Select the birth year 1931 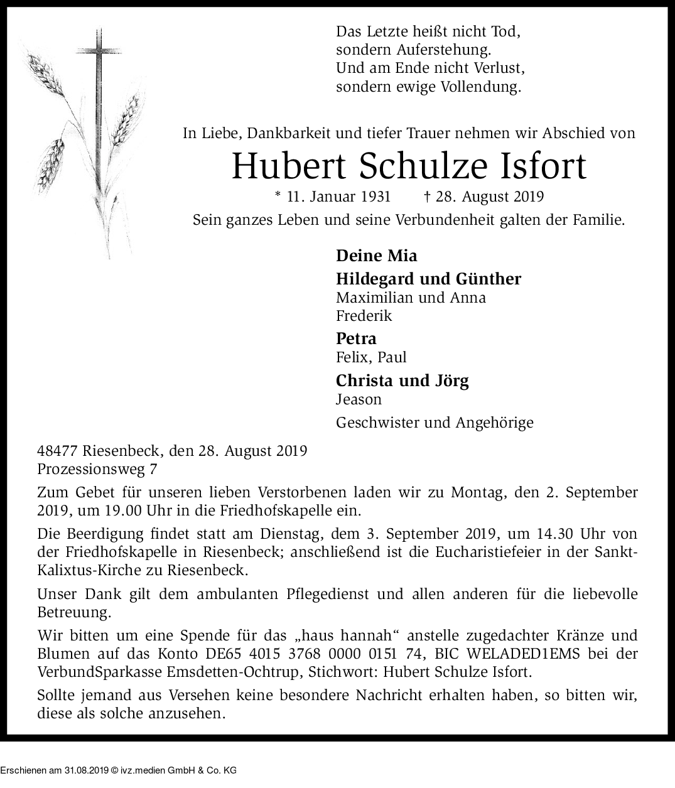click(375, 197)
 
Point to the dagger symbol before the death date click(427, 197)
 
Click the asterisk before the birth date click(279, 195)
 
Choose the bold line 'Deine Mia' click(376, 256)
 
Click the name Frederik click(364, 315)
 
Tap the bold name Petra click(356, 338)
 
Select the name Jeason click(359, 399)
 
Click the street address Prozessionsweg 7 click(97, 468)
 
